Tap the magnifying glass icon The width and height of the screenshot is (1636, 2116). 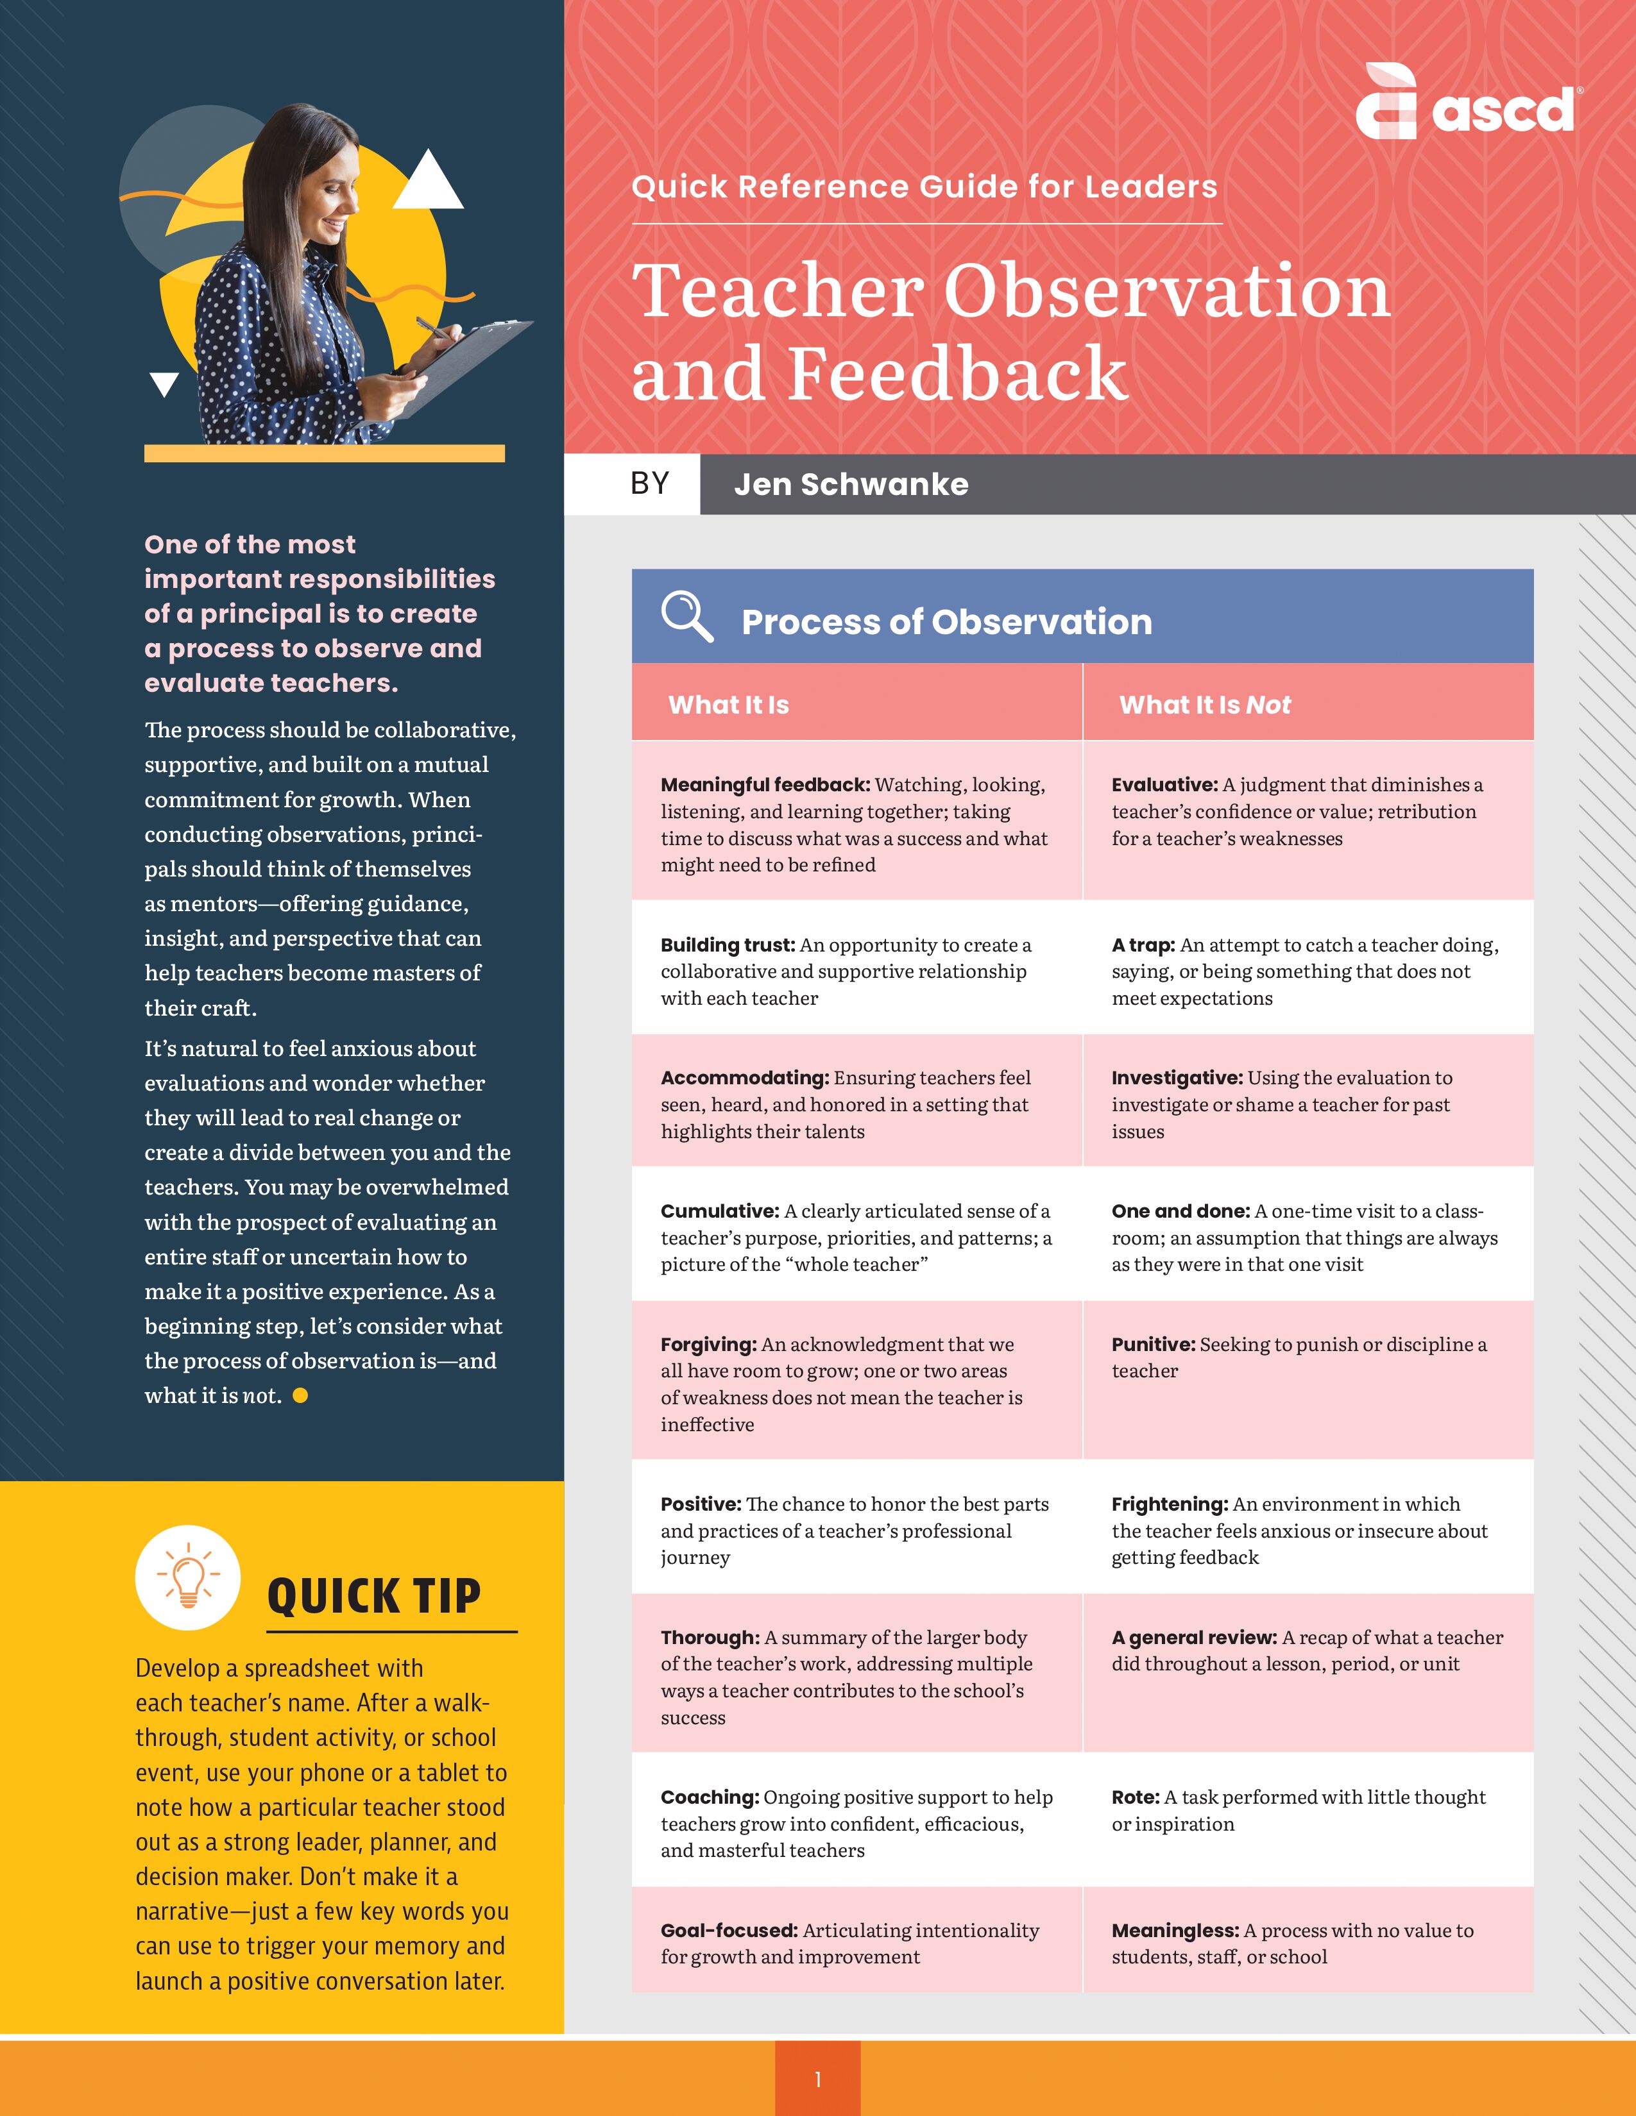pos(686,616)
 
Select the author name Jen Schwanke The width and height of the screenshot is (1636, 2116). pos(851,484)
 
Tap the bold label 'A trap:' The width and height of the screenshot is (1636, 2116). pos(1143,945)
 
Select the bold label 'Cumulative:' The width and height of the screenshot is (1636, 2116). pos(719,1211)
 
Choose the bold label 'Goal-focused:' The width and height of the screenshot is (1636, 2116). pos(729,1930)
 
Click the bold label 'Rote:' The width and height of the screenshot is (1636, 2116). pos(1135,1797)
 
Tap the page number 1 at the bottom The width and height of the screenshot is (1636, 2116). pos(818,2079)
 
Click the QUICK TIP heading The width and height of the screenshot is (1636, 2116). pos(374,1597)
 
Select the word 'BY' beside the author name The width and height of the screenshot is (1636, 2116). pos(649,483)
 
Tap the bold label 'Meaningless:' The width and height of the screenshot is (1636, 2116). pos(1175,1930)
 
